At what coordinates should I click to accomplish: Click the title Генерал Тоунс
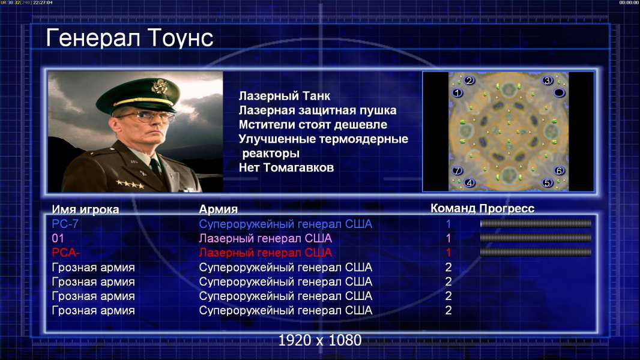click(130, 38)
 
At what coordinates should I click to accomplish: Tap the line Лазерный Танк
click(284, 96)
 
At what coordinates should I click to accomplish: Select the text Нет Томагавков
click(286, 167)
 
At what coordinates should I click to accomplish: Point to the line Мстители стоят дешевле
click(313, 124)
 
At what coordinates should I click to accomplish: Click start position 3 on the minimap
click(547, 81)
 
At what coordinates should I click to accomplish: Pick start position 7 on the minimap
click(457, 170)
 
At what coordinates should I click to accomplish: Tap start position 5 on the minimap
click(547, 183)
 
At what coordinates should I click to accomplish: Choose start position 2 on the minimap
click(469, 80)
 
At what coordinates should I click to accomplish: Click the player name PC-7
click(65, 224)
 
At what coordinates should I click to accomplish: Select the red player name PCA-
click(65, 253)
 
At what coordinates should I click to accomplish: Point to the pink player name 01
click(58, 238)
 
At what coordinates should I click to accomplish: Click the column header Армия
click(218, 209)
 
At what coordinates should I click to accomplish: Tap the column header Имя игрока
click(85, 209)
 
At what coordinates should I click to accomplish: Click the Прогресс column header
click(507, 208)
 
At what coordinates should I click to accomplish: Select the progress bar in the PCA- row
click(536, 253)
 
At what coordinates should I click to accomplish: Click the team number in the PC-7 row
click(448, 224)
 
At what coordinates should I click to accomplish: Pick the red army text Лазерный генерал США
click(265, 253)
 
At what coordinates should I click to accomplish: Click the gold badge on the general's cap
click(158, 86)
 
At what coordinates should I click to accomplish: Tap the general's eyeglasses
click(146, 116)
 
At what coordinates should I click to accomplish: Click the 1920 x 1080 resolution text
click(319, 340)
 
